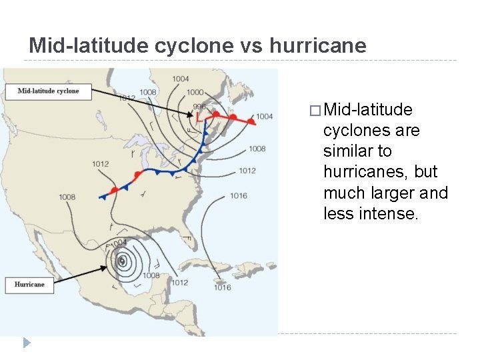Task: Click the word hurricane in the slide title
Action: click(318, 45)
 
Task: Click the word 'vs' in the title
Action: click(252, 45)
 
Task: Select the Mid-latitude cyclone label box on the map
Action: click(48, 91)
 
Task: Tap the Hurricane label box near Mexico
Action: click(29, 285)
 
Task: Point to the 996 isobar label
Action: click(199, 107)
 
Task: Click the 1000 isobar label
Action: click(195, 92)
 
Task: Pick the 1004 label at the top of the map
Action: click(180, 79)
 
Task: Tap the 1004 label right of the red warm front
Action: click(264, 117)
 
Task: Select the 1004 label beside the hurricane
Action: click(118, 242)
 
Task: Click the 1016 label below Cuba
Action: click(222, 287)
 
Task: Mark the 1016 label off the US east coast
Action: click(238, 195)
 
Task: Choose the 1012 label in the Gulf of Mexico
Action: click(179, 282)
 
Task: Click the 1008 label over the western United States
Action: click(67, 197)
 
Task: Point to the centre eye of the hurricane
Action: click(122, 261)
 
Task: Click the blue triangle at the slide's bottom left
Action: click(27, 343)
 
